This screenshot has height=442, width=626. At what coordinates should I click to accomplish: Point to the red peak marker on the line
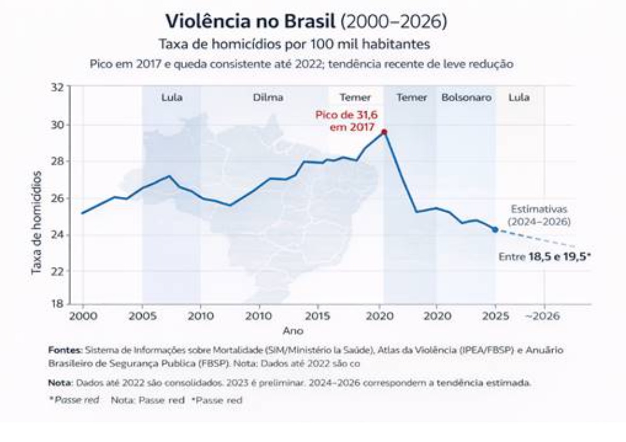point(384,132)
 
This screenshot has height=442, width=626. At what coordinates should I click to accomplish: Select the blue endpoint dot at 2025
point(495,229)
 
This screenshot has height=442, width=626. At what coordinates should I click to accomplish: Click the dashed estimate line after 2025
point(536,238)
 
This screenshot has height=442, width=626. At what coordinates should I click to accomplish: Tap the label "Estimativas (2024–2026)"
point(539,215)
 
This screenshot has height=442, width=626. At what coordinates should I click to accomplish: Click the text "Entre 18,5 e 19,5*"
point(545,256)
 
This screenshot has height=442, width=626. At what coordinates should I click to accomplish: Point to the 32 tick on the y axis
point(57,88)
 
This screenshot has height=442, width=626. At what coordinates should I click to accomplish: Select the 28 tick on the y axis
point(57,161)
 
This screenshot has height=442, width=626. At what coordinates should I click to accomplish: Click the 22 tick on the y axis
point(57,271)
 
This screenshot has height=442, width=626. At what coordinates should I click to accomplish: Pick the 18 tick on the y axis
point(57,304)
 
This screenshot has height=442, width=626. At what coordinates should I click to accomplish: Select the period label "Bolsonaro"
point(466,98)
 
